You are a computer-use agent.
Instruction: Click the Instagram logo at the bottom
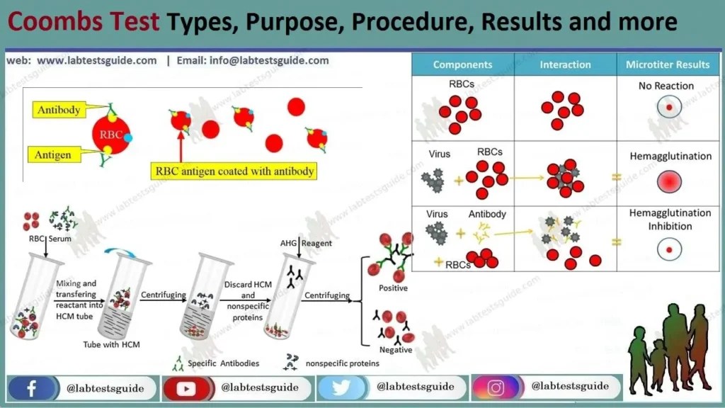pos(496,388)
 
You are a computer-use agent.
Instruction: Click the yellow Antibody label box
pos(59,110)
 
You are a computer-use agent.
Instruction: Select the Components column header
pos(463,64)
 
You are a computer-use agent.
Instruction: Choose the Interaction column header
pos(565,64)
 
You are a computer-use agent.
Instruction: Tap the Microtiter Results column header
pos(667,64)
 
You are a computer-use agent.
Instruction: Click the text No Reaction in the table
pos(666,86)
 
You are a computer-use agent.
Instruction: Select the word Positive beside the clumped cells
pos(393,288)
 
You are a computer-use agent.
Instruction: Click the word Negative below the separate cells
pos(395,350)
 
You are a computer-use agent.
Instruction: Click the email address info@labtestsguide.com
pos(269,60)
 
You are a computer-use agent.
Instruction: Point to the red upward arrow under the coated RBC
pos(181,149)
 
